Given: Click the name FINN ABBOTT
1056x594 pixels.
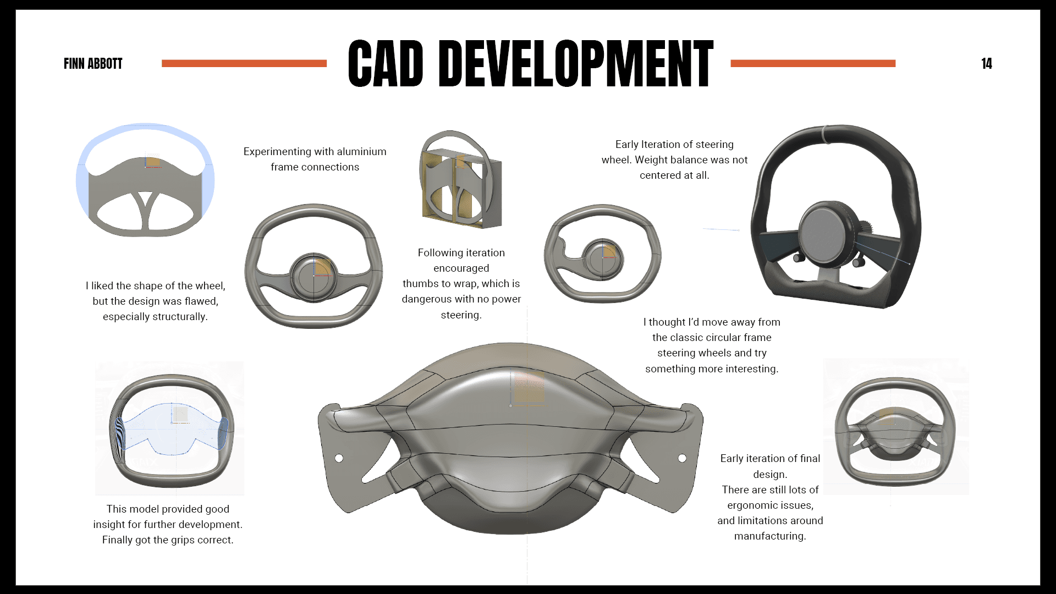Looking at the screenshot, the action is (x=93, y=64).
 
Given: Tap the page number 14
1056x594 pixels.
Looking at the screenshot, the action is (x=986, y=64).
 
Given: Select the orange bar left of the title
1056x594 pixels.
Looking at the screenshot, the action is (x=244, y=64).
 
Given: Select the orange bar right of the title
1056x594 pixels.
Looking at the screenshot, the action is (x=812, y=64).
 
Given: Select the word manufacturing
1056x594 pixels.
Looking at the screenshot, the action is (x=769, y=536).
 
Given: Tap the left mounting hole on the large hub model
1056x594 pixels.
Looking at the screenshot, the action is (x=339, y=458).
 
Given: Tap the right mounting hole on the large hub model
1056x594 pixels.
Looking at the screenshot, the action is (x=682, y=458).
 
